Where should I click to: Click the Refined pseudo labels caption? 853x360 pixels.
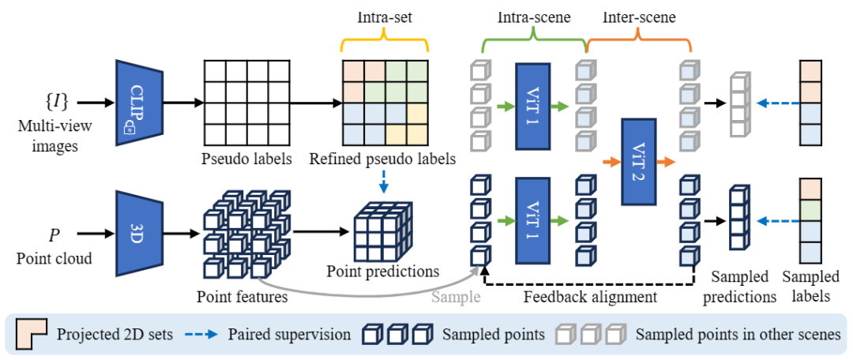point(382,159)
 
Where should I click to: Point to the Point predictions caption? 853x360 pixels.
point(382,272)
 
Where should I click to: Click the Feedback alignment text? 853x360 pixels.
point(590,298)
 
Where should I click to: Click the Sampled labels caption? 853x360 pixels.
point(811,287)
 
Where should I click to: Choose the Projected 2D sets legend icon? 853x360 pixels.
point(33,333)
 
